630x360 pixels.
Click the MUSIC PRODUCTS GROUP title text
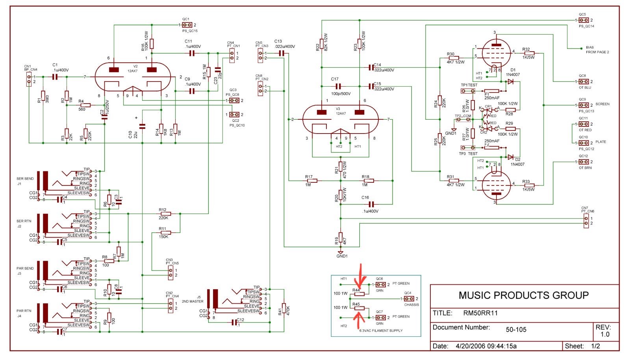pyautogui.click(x=523, y=295)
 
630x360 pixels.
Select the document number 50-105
pyautogui.click(x=516, y=330)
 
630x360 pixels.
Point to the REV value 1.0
pyautogui.click(x=605, y=334)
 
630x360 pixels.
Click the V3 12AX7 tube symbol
pyautogui.click(x=341, y=120)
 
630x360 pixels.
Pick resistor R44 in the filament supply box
pyautogui.click(x=359, y=294)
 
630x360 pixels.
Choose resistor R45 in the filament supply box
pyautogui.click(x=359, y=308)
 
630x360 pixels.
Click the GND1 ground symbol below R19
pyautogui.click(x=341, y=252)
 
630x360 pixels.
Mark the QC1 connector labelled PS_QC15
pyautogui.click(x=187, y=25)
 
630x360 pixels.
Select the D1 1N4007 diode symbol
pyautogui.click(x=511, y=82)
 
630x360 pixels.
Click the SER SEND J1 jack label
pyautogui.click(x=25, y=181)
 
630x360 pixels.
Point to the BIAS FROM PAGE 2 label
pyautogui.click(x=597, y=50)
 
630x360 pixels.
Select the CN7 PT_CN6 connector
pyautogui.click(x=586, y=221)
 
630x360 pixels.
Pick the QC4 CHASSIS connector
pyautogui.click(x=408, y=299)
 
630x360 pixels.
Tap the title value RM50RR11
pyautogui.click(x=480, y=314)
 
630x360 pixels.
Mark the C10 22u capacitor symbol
pyautogui.click(x=143, y=126)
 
